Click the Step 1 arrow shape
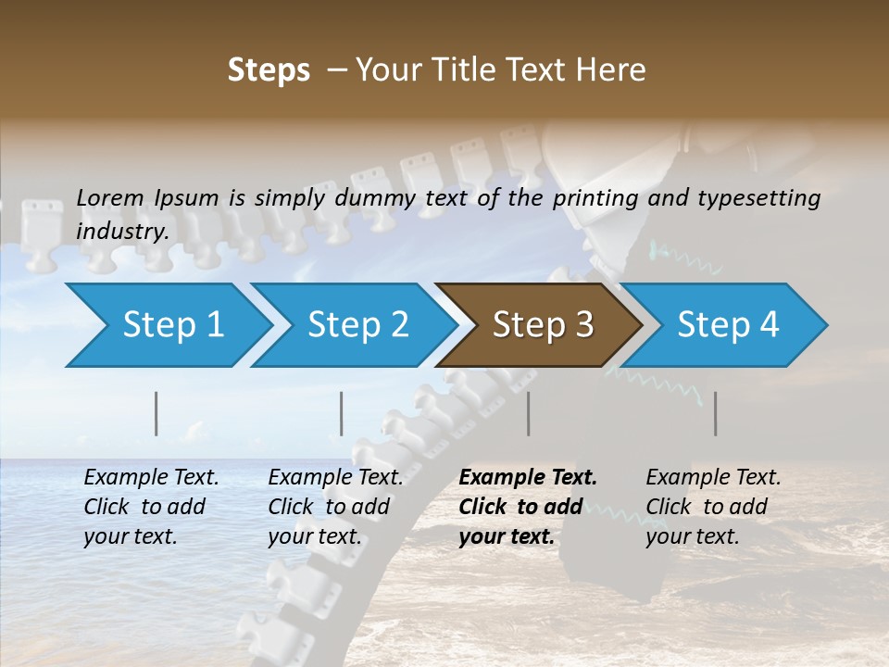167,325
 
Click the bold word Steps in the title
269,70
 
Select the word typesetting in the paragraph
757,197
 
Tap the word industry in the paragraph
122,231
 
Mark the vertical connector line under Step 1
157,413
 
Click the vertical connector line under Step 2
342,413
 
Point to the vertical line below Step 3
529,413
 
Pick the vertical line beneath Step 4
715,413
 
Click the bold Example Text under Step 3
528,478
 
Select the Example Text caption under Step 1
151,478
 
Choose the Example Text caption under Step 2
335,478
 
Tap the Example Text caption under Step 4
713,478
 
